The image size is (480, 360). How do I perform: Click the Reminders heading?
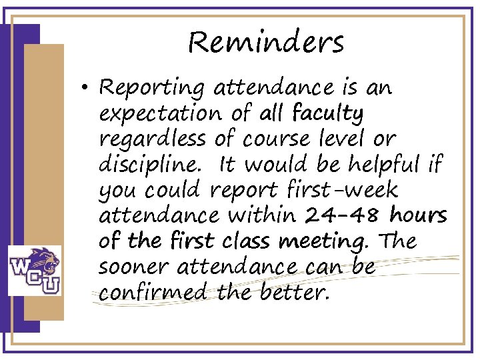265,43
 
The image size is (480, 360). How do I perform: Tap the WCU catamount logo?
34,270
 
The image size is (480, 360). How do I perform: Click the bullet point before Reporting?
88,88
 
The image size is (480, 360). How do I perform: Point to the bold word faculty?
327,114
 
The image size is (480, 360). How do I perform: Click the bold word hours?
418,216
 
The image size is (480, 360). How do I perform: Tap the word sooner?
131,267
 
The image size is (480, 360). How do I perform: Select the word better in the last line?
296,293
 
